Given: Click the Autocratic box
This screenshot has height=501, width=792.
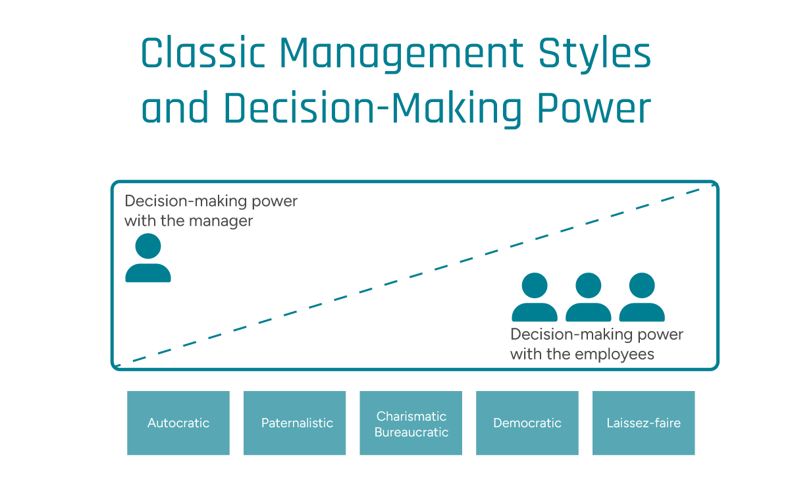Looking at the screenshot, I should [178, 423].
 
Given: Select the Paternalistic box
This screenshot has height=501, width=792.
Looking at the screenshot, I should [295, 423].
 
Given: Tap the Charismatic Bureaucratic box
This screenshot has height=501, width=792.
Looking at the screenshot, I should [411, 423].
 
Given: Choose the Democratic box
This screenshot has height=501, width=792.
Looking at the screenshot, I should [527, 423].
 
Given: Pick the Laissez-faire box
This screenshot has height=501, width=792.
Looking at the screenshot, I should [643, 423].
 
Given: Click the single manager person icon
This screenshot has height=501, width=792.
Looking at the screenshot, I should [148, 258].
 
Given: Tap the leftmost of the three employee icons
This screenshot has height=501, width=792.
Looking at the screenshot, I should [535, 298].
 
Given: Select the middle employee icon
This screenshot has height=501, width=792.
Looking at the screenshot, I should [589, 298].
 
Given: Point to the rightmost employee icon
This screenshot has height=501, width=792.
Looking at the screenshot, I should [642, 298].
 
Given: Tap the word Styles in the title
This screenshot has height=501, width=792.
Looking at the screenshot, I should [595, 55].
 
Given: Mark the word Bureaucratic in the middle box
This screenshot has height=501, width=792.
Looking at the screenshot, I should [411, 433].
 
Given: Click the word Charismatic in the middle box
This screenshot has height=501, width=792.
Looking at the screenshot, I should [411, 416].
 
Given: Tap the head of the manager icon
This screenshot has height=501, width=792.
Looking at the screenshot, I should [148, 246].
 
